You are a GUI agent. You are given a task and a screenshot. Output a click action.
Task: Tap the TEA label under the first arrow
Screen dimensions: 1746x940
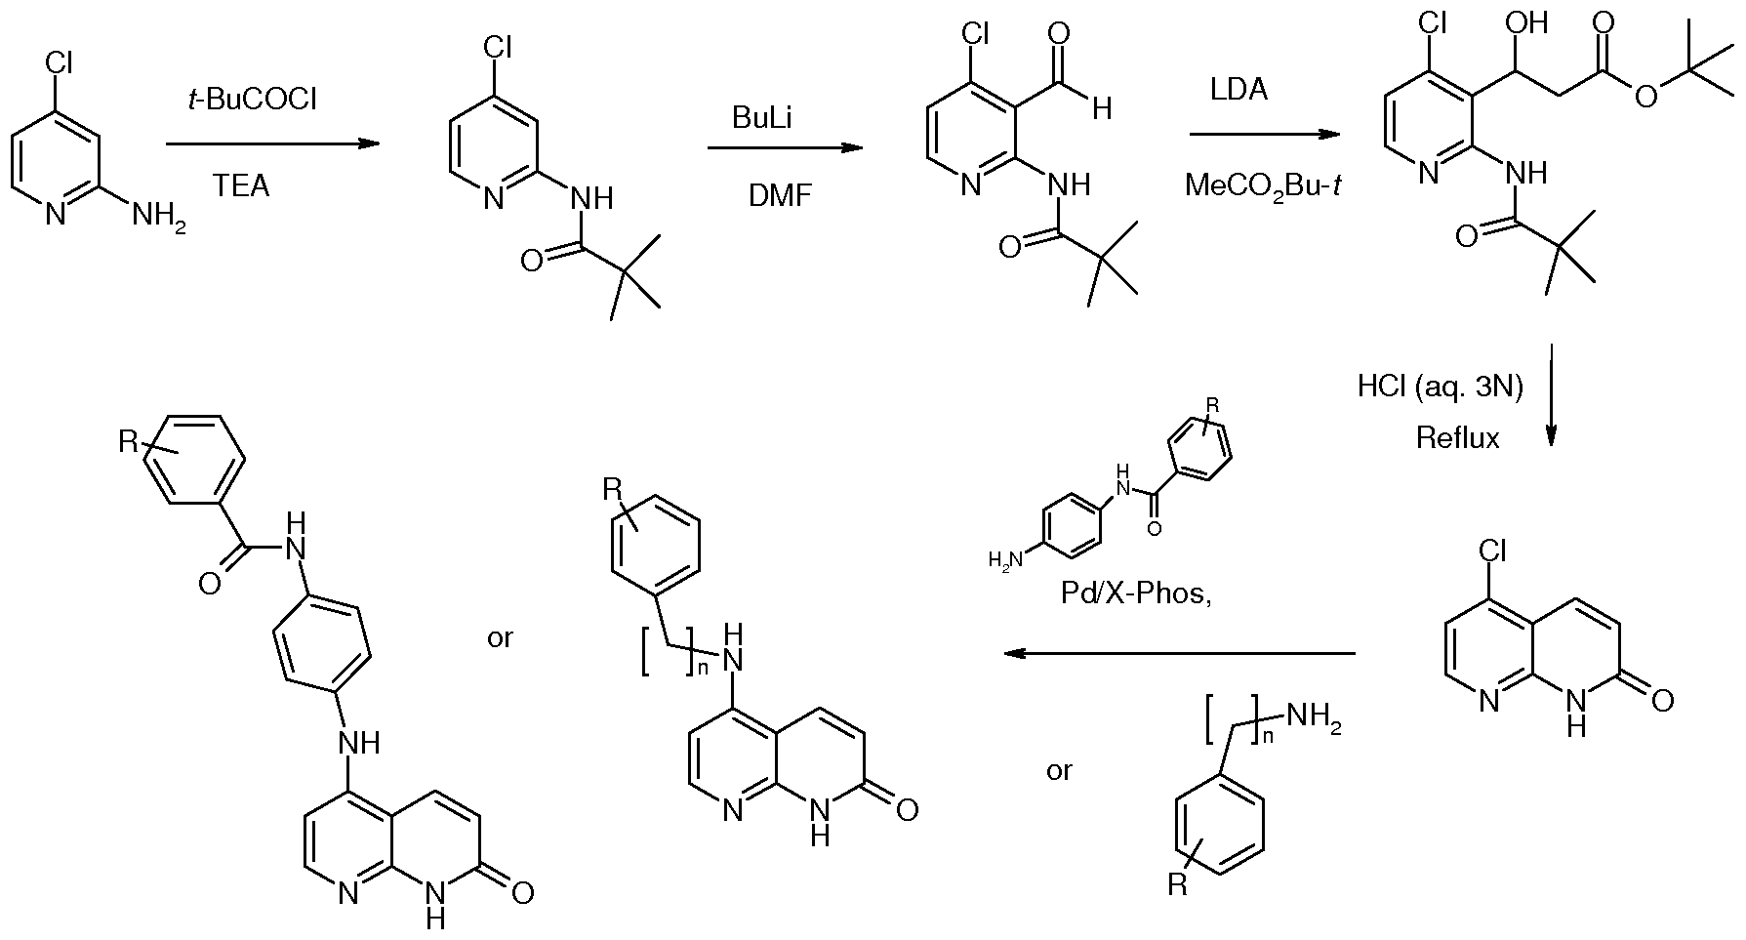[x=241, y=185]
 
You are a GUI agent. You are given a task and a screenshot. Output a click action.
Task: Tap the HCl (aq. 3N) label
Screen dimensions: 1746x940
[x=1441, y=388]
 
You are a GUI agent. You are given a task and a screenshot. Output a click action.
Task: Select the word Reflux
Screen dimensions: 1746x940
[x=1458, y=438]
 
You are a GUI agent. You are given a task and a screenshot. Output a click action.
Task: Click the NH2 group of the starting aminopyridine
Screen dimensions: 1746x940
[x=157, y=215]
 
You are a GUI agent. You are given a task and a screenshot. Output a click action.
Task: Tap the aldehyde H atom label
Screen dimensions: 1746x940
[x=1102, y=108]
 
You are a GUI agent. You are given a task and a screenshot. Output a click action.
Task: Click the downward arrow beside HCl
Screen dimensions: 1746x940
[x=1551, y=394]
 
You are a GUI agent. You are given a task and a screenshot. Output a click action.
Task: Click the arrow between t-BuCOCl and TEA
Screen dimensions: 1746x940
[x=272, y=144]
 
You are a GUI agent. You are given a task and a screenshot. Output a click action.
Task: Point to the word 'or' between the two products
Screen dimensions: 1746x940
[x=500, y=639]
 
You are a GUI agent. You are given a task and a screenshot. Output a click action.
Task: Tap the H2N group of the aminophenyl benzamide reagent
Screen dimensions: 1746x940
[x=1003, y=559]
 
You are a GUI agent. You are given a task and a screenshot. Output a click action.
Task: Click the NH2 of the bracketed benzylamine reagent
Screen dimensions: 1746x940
[x=1315, y=719]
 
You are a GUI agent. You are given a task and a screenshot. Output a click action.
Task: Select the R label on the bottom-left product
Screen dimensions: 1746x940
[x=129, y=442]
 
